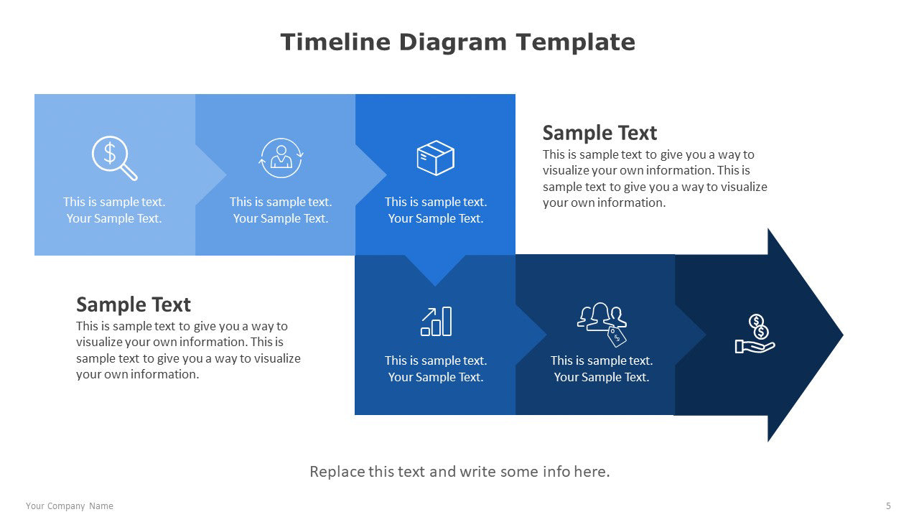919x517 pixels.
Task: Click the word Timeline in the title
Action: coord(335,42)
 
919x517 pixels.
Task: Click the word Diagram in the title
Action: coord(453,43)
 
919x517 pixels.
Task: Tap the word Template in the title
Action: coord(576,43)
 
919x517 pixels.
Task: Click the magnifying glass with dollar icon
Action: coord(114,158)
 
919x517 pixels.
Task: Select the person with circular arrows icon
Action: coord(281,158)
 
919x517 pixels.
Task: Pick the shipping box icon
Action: coord(435,158)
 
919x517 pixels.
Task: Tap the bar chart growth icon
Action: coord(436,321)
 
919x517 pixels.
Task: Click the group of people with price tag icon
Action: coord(602,324)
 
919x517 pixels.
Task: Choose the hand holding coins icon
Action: coord(755,334)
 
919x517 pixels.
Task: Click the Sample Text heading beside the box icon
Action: coord(600,133)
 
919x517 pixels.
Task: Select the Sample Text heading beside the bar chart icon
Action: coord(134,304)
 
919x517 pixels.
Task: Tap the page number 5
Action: coord(888,506)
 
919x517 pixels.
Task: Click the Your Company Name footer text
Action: coord(70,506)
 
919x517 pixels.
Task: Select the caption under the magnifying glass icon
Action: coord(114,210)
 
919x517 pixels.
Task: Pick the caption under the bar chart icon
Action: coord(436,369)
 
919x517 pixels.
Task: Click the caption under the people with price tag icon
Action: coord(602,369)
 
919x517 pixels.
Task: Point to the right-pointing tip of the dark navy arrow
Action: coord(843,335)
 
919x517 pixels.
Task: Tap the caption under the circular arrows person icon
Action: coord(281,210)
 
